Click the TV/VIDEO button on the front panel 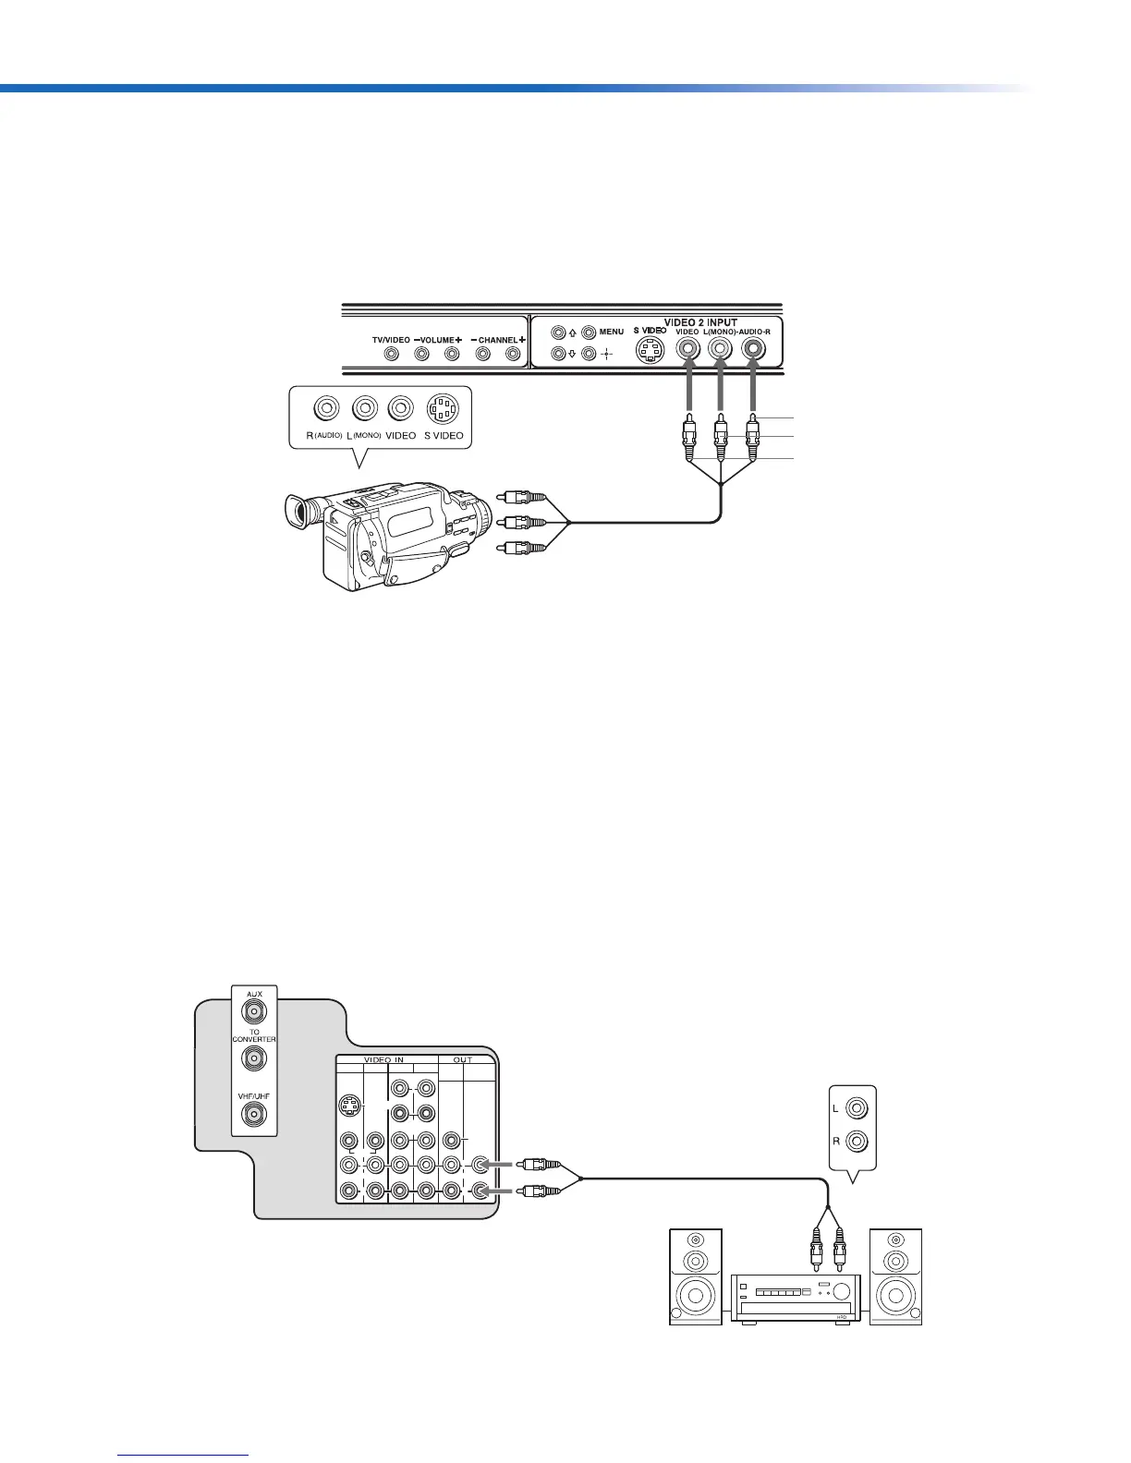(393, 354)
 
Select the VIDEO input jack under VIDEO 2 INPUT (687, 350)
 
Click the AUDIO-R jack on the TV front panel (754, 350)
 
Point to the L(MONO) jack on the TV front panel (721, 350)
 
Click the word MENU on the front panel (612, 332)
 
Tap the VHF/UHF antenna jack (254, 1116)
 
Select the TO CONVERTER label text (254, 1035)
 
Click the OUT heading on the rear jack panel (463, 1059)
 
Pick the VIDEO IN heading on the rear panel (385, 1059)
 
